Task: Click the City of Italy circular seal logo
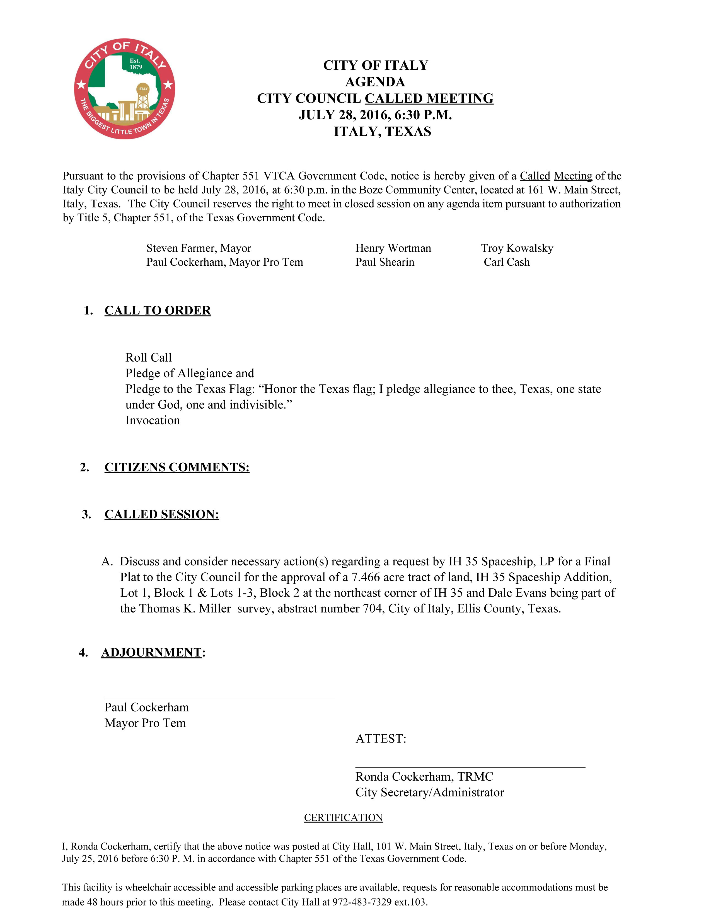(124, 89)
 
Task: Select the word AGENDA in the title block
(375, 82)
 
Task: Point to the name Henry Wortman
(393, 248)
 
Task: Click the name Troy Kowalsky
(517, 248)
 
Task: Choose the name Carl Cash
(506, 262)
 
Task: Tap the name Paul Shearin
(384, 262)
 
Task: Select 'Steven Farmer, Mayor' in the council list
(199, 248)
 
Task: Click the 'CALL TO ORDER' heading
(158, 311)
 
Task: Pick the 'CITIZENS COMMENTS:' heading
(177, 467)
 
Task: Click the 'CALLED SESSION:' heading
(162, 514)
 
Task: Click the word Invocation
(153, 420)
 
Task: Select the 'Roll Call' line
(148, 358)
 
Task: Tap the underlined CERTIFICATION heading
(343, 818)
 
